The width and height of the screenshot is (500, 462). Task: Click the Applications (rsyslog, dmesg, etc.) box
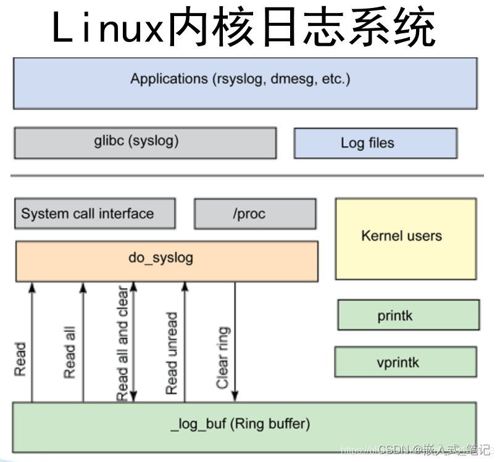click(x=245, y=83)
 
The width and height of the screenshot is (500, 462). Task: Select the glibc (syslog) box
click(x=145, y=142)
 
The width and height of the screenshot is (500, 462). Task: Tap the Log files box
click(x=375, y=143)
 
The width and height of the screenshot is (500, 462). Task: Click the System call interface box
click(x=94, y=214)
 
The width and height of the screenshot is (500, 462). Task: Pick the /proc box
click(x=255, y=214)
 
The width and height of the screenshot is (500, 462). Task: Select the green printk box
click(x=408, y=315)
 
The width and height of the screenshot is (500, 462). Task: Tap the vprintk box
click(x=406, y=361)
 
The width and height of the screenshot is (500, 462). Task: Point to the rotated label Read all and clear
click(x=122, y=342)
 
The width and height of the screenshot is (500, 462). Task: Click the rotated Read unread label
click(x=172, y=353)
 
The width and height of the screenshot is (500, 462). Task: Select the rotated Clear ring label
click(x=223, y=358)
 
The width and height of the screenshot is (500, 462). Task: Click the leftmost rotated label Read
click(x=20, y=360)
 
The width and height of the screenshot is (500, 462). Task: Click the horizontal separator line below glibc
click(x=247, y=176)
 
